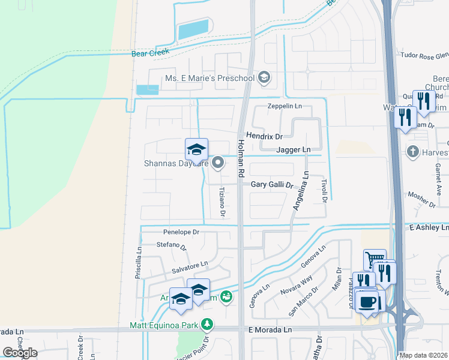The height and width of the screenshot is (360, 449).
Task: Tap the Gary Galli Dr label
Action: pos(272,185)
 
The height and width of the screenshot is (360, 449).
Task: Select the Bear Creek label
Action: pos(151,53)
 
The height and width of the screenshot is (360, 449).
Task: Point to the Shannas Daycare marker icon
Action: pos(218,162)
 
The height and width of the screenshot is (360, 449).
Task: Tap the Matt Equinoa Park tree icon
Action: pos(207,325)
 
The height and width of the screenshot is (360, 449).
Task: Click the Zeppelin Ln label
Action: pos(285,106)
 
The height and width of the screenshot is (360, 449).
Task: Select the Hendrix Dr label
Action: pos(265,137)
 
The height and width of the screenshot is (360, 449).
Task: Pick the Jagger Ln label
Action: pos(294,149)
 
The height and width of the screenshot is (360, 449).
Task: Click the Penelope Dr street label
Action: pos(181,232)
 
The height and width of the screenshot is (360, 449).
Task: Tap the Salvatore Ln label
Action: pos(188,264)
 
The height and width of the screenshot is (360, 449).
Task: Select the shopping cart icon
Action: pos(375,259)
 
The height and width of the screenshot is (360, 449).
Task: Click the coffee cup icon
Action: pos(367,301)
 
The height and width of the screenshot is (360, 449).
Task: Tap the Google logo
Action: pos(20,353)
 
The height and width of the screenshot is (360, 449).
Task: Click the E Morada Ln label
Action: pos(270,330)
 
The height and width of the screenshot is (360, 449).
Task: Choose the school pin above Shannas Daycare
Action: pos(196,148)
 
